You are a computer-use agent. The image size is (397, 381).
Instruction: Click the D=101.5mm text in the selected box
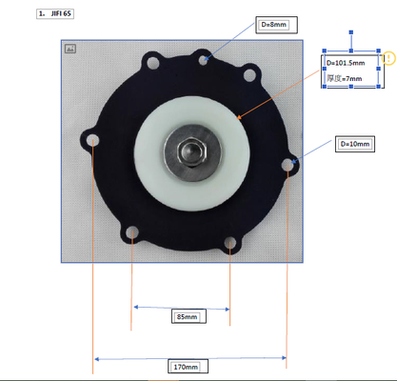347,63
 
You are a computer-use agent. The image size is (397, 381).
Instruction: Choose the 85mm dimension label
188,316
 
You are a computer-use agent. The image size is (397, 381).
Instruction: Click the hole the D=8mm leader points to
204,60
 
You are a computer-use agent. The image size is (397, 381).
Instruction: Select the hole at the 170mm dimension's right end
288,166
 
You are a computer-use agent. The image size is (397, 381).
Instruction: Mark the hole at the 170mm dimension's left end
93,143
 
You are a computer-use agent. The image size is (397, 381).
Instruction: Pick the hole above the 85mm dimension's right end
230,249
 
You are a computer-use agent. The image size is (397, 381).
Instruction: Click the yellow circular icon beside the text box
388,59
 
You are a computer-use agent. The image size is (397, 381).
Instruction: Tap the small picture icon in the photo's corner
69,48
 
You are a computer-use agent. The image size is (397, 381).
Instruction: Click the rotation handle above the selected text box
353,34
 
